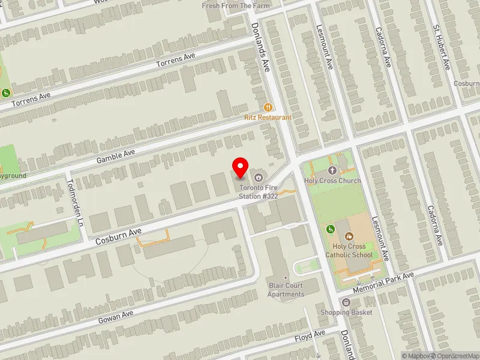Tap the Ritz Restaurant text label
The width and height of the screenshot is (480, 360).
268,118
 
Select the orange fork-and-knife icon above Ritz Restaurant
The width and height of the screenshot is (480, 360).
268,107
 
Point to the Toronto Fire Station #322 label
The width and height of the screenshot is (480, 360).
259,191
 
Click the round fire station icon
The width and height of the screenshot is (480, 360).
259,177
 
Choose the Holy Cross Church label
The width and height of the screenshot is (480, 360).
332,181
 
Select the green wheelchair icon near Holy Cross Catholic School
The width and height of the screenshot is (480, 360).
330,229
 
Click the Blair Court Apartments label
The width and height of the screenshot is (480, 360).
286,290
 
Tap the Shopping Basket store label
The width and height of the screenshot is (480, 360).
346,312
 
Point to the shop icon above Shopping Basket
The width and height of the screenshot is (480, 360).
346,301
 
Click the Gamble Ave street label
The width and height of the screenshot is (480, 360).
116,157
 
